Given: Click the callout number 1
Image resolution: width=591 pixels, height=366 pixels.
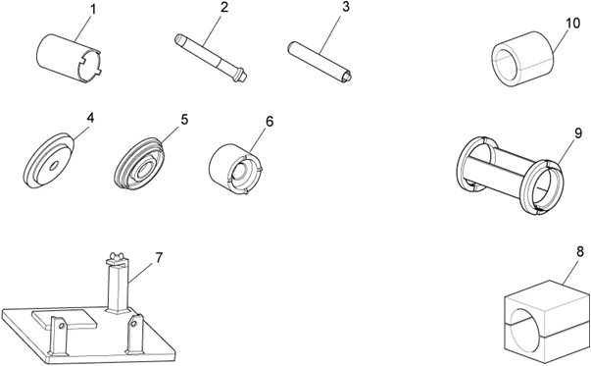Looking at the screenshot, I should [x=93, y=10].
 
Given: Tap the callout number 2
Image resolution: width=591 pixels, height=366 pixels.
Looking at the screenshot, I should [x=224, y=8].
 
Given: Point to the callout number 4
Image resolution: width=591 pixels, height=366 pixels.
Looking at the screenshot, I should [x=90, y=117].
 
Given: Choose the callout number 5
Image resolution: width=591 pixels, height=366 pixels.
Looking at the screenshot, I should [x=183, y=120].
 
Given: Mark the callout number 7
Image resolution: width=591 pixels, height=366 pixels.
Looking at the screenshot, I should [x=159, y=257].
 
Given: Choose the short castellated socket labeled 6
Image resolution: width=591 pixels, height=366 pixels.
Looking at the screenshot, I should [x=238, y=167].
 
